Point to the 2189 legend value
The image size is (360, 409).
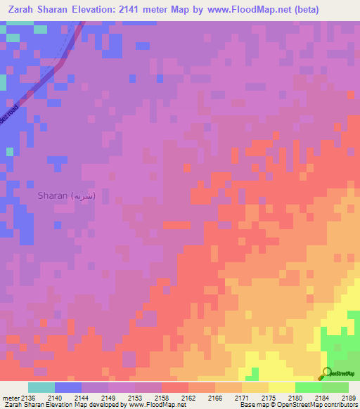click(349, 397)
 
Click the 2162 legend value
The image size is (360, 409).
click(188, 397)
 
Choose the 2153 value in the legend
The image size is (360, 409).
click(135, 397)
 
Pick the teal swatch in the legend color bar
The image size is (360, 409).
click(41, 387)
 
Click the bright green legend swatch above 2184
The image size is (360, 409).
click(308, 387)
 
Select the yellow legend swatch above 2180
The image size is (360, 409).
click(281, 387)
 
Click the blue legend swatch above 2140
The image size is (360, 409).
click(67, 387)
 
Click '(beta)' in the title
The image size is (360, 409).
click(302, 10)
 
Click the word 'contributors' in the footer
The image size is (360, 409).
click(341, 405)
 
